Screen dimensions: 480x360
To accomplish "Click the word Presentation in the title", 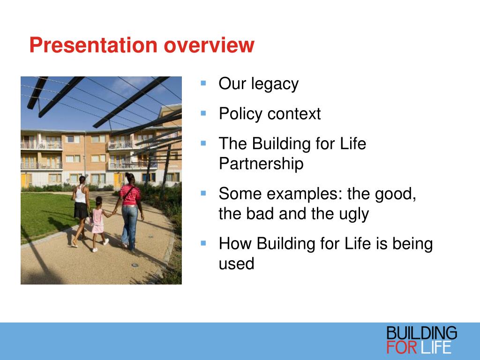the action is (x=93, y=45).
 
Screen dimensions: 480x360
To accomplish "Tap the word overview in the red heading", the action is (x=209, y=45).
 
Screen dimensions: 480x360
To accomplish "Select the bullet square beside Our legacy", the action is (x=203, y=83).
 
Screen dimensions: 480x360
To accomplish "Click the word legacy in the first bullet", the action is (x=275, y=84).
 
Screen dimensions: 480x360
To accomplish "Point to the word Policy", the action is (x=240, y=114).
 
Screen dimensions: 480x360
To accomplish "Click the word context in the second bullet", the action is (x=294, y=114).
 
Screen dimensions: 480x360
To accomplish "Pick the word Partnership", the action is (x=261, y=164).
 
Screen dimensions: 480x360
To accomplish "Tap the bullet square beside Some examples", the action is (x=203, y=193).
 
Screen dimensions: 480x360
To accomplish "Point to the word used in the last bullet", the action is (x=236, y=263).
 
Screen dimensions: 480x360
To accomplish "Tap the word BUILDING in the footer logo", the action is (x=421, y=333).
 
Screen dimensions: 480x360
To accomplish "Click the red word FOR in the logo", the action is (x=402, y=347).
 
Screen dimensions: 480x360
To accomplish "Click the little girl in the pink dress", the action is (x=98, y=223).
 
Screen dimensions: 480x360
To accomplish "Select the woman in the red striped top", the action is (x=129, y=212).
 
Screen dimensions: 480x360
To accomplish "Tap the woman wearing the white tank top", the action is (x=81, y=211).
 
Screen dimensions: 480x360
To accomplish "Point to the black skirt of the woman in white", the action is (x=81, y=210).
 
